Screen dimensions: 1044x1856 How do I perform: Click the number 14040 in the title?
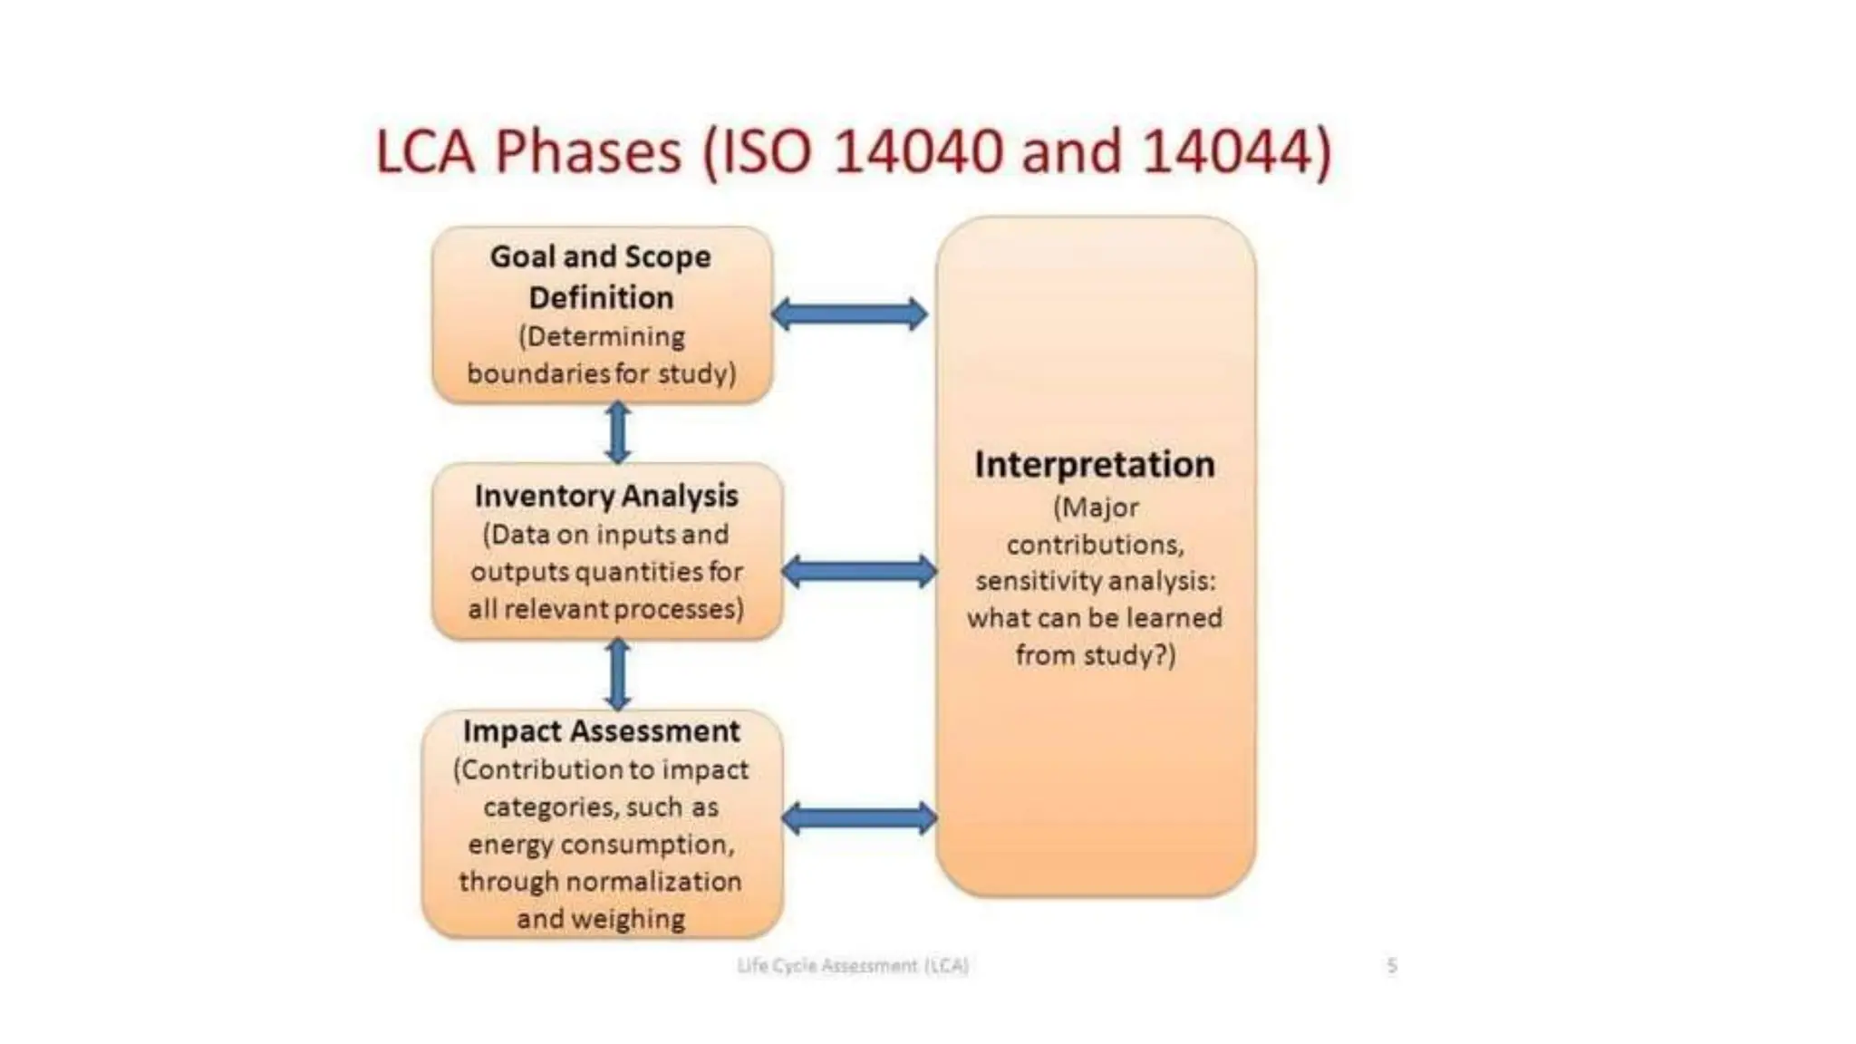(x=917, y=150)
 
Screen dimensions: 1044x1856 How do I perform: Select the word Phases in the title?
(x=588, y=150)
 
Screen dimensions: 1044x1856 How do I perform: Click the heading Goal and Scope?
(x=600, y=256)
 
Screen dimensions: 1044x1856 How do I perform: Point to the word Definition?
(x=601, y=297)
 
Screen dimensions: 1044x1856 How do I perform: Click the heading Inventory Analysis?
(x=605, y=496)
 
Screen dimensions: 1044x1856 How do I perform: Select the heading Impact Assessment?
(x=601, y=730)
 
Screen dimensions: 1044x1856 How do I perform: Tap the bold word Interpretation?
(x=1094, y=464)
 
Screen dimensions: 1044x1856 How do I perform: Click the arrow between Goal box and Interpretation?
(x=849, y=314)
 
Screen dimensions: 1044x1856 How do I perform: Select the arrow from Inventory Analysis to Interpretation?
(x=858, y=572)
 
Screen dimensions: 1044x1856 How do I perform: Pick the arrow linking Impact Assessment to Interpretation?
(x=858, y=818)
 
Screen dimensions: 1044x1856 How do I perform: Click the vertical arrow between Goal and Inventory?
(x=618, y=432)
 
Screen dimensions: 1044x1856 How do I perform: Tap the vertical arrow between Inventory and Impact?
(x=618, y=674)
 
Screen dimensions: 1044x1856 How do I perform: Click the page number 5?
(x=1391, y=965)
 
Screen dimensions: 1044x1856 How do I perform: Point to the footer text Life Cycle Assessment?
(x=852, y=965)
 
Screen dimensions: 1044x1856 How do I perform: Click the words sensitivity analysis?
(x=1095, y=581)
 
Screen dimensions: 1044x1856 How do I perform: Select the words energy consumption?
(x=601, y=845)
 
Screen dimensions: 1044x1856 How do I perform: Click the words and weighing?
(x=601, y=919)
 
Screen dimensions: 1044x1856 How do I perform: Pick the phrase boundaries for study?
(x=601, y=373)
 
